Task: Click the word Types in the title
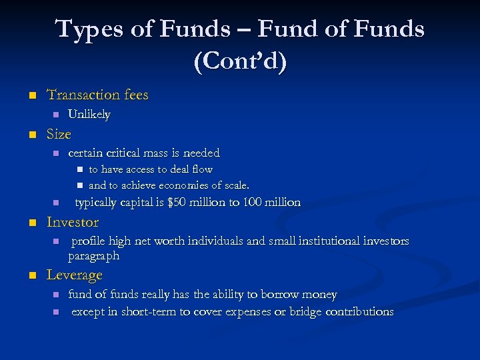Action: (x=86, y=30)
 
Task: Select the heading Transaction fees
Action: (x=97, y=95)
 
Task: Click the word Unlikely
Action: (x=89, y=115)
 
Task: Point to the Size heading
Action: (x=59, y=134)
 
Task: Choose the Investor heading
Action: (x=73, y=222)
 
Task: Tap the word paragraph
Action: (x=94, y=255)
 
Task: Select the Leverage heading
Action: (x=74, y=275)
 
